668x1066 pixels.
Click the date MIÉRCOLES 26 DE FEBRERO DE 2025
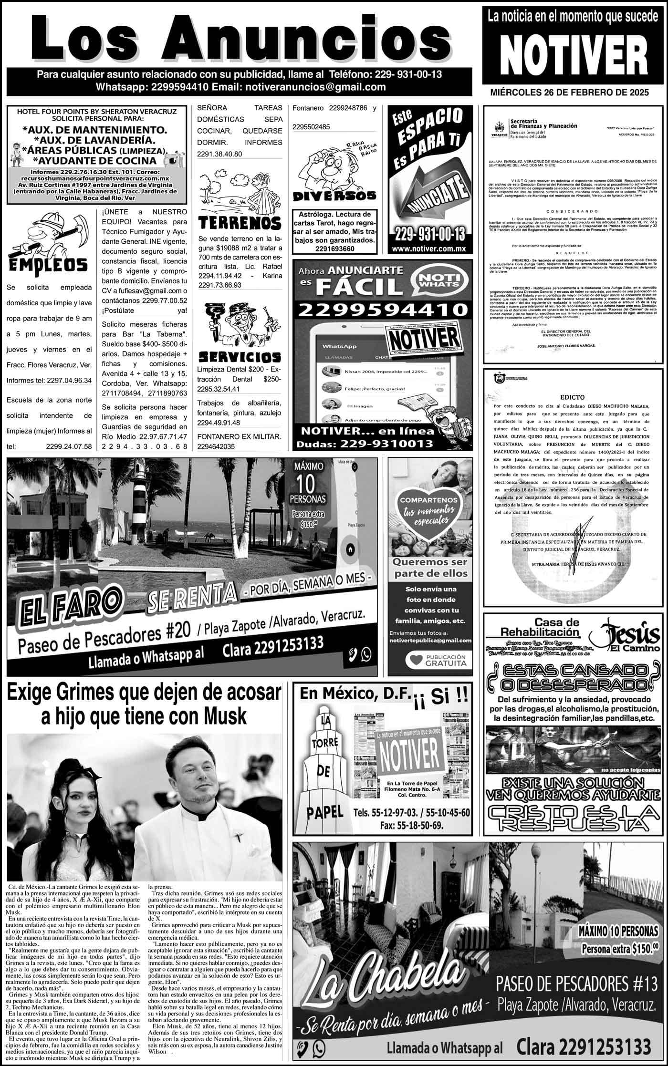point(569,93)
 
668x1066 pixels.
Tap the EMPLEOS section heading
point(47,265)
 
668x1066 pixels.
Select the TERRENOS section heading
point(240,222)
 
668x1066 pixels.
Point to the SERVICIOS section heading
point(240,357)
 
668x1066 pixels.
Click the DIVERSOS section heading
point(334,196)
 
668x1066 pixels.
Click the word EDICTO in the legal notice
point(573,397)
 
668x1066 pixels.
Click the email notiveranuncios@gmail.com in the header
point(314,87)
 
